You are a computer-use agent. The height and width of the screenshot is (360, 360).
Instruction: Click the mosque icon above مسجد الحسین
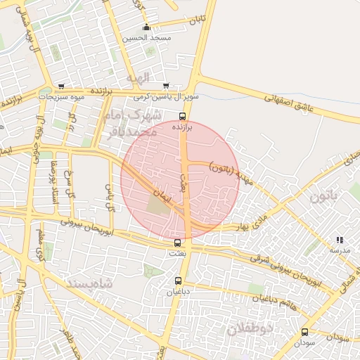tap(146, 27)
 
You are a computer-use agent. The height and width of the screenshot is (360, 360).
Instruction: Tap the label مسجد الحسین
tap(146, 37)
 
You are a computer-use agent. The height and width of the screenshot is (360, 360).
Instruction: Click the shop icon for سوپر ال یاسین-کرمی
tap(165, 86)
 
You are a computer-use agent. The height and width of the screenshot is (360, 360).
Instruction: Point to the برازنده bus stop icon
tap(182, 117)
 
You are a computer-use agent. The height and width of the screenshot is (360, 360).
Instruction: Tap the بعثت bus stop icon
tap(177, 243)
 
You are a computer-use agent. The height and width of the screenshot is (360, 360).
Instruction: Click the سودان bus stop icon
tap(304, 332)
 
